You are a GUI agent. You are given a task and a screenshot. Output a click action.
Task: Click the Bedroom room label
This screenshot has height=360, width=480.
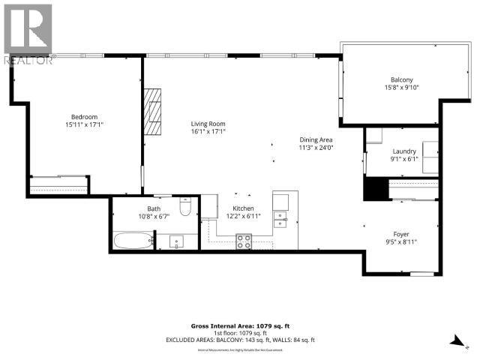click(84, 116)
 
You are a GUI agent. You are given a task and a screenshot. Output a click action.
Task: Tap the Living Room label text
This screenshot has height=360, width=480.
click(208, 124)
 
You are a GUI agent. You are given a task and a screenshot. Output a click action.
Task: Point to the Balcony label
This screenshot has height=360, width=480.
click(401, 79)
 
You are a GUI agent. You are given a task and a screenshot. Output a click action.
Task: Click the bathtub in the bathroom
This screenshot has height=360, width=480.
click(132, 240)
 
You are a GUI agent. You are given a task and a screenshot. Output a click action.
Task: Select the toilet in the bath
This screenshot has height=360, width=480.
click(187, 206)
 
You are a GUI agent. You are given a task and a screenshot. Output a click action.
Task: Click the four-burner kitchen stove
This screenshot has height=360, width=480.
click(244, 241)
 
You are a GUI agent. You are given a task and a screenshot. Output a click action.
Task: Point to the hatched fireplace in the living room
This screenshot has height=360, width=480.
click(154, 111)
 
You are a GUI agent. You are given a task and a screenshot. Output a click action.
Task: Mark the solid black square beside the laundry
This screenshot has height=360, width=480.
click(373, 188)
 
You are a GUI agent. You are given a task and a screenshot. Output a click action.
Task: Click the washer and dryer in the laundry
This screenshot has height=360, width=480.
click(430, 157)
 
